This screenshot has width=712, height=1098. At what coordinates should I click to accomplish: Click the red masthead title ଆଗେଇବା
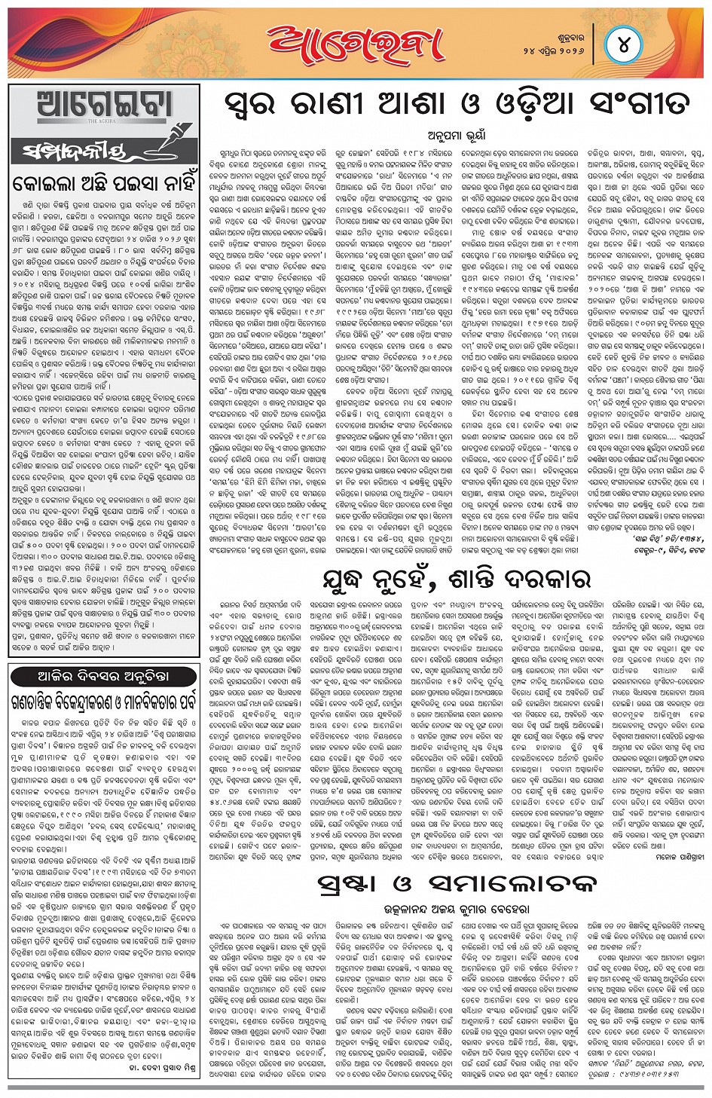(355, 43)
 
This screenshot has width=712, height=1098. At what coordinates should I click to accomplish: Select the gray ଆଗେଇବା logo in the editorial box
(104, 106)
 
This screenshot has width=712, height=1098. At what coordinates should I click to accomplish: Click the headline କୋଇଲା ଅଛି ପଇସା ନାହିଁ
(104, 183)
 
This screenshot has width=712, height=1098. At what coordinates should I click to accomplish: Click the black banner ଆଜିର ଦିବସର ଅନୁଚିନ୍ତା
(103, 676)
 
